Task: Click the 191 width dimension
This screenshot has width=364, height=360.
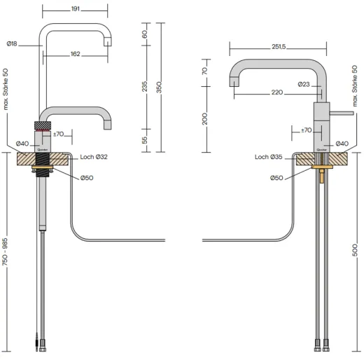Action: (x=75, y=10)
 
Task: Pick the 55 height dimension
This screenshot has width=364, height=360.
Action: (x=144, y=140)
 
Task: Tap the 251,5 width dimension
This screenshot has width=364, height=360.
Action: (x=277, y=46)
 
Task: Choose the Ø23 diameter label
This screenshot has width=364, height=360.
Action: (x=303, y=84)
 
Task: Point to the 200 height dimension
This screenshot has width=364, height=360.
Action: (x=205, y=118)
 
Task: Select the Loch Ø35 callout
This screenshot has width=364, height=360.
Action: (x=269, y=157)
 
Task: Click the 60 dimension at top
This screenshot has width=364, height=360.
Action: (x=144, y=34)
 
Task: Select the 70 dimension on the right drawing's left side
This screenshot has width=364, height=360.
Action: (x=205, y=71)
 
